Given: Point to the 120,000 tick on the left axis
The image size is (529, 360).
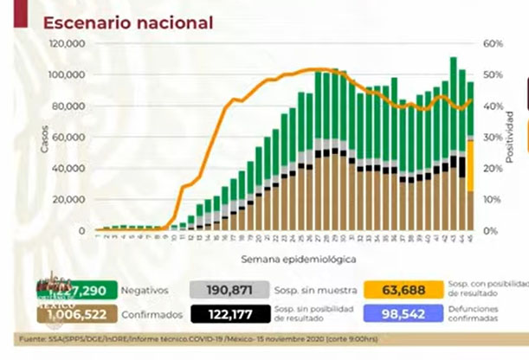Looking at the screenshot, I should click(67, 43).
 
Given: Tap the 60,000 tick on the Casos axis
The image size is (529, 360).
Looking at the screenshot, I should click(68, 137).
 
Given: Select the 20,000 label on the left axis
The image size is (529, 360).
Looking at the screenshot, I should click(68, 199).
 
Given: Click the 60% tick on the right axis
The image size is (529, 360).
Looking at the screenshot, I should click(493, 43).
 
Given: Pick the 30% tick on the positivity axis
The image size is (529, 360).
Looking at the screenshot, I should click(493, 137).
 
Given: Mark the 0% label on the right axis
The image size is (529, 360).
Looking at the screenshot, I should click(490, 231).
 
